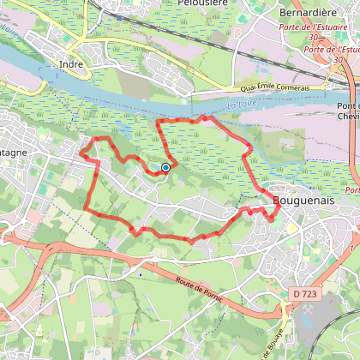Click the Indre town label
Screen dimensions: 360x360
tap(72, 63)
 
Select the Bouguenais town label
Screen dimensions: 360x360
tap(300, 201)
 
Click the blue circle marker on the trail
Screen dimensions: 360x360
tap(165, 168)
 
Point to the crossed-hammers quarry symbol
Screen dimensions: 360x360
tap(282, 305)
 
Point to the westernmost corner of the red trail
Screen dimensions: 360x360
tap(81, 154)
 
